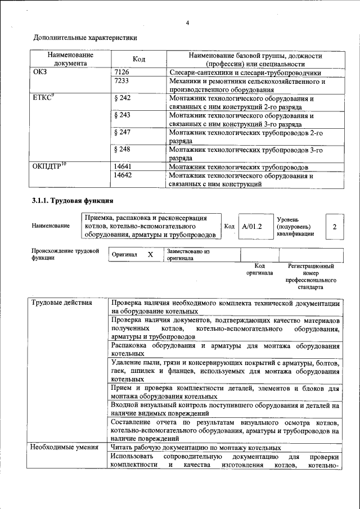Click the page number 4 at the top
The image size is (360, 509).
[x=188, y=22]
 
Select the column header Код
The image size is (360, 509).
[x=139, y=60]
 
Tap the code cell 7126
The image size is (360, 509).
[x=121, y=73]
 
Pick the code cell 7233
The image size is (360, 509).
[x=121, y=82]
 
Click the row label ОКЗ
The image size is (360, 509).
[x=40, y=73]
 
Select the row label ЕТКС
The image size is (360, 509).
[x=43, y=98]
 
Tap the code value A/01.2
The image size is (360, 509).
[x=251, y=226]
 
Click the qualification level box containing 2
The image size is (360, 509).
[x=334, y=227]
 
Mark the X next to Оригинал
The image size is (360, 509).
[x=150, y=255]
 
